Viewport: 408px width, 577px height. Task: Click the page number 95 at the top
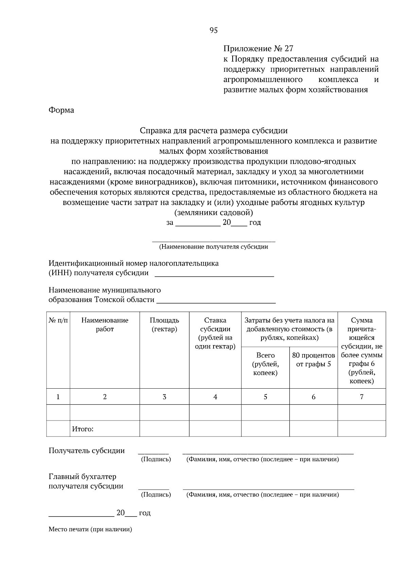[x=214, y=31]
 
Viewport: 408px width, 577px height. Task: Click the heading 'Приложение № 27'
[x=258, y=48]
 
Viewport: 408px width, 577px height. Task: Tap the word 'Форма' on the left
[x=61, y=110]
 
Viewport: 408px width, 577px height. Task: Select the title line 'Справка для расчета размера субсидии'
[x=214, y=131]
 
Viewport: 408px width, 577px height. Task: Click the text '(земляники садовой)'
[x=214, y=213]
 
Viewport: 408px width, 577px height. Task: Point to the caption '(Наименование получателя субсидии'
[x=214, y=247]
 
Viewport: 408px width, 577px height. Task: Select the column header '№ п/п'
[x=58, y=320]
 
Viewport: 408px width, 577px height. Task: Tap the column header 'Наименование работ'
[x=105, y=324]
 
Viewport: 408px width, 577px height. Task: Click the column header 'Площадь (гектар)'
[x=164, y=324]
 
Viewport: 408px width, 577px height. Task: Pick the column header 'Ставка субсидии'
[x=215, y=333]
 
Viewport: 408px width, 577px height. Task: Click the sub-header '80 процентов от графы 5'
[x=313, y=360]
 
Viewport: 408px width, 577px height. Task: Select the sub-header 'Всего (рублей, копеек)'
[x=265, y=364]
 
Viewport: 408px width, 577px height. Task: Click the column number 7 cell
[x=361, y=396]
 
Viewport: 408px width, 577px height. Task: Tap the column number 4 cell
[x=215, y=396]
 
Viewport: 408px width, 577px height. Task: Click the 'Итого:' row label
[x=83, y=429]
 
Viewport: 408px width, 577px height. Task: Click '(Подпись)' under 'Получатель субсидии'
[x=156, y=459]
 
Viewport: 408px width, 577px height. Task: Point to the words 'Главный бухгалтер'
[x=82, y=477]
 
